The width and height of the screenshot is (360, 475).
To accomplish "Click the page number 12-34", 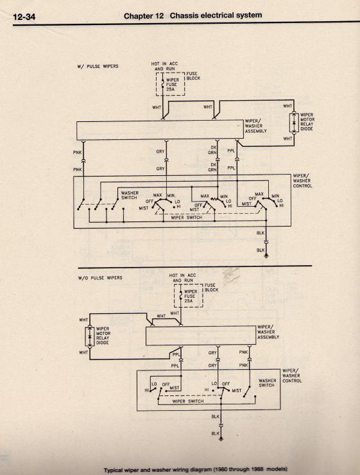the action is coord(24,17).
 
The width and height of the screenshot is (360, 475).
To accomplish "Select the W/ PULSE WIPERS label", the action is coord(98,66).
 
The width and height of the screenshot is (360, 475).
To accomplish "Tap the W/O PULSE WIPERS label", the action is coord(100,277).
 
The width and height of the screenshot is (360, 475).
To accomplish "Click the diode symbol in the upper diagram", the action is coord(293,123).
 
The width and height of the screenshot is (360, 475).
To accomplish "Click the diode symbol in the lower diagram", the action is coord(89,336).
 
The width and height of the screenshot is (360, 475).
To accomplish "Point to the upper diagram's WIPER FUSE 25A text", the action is coord(172,85).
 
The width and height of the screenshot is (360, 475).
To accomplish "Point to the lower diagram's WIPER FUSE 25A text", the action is coord(191,297).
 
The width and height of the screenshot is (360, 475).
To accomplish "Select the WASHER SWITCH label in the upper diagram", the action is coord(130,195).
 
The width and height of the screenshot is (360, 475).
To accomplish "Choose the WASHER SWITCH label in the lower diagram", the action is coord(268,383).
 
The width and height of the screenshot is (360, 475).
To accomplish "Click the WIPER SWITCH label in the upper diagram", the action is coord(187,218).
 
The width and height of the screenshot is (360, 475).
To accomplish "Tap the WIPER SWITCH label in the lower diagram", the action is coord(188,401).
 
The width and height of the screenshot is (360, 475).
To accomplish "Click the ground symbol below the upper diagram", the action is coord(266,256).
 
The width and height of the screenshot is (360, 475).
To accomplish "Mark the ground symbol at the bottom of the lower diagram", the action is coord(221,438).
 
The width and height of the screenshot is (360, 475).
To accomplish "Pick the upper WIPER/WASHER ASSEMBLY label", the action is coord(255,126).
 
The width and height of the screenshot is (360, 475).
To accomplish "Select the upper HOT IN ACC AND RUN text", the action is coord(164,66).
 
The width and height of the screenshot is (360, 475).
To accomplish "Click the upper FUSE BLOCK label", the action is coord(193,76).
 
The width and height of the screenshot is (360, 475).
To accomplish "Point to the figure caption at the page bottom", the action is coord(196,470).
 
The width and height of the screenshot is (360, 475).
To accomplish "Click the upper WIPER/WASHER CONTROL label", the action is coord(302,181).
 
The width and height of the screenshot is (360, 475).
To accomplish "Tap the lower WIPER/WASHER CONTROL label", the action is coord(292,376).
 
